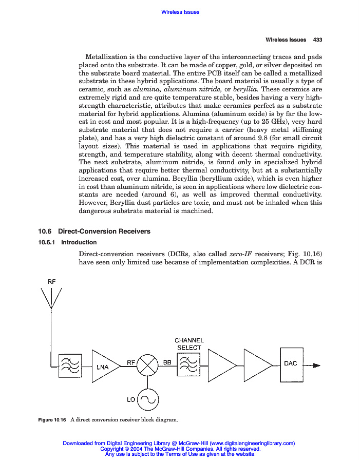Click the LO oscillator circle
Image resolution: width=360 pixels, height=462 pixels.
148,399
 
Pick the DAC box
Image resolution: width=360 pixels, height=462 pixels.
291,365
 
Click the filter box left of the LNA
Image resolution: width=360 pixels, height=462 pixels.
70,366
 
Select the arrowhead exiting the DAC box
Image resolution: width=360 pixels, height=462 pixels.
316,365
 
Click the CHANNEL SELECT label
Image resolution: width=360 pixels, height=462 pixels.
189,344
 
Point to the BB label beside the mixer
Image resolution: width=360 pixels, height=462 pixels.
167,362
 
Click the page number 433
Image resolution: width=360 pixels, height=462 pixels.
317,40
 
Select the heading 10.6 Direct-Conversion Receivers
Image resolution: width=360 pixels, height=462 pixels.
94,232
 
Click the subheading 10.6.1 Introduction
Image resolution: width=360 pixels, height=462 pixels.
68,242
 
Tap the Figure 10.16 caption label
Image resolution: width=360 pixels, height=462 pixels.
53,420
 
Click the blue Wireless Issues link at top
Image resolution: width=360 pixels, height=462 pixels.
180,12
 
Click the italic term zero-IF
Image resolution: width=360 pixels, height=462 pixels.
240,254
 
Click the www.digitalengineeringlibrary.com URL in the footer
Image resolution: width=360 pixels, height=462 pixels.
252,443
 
